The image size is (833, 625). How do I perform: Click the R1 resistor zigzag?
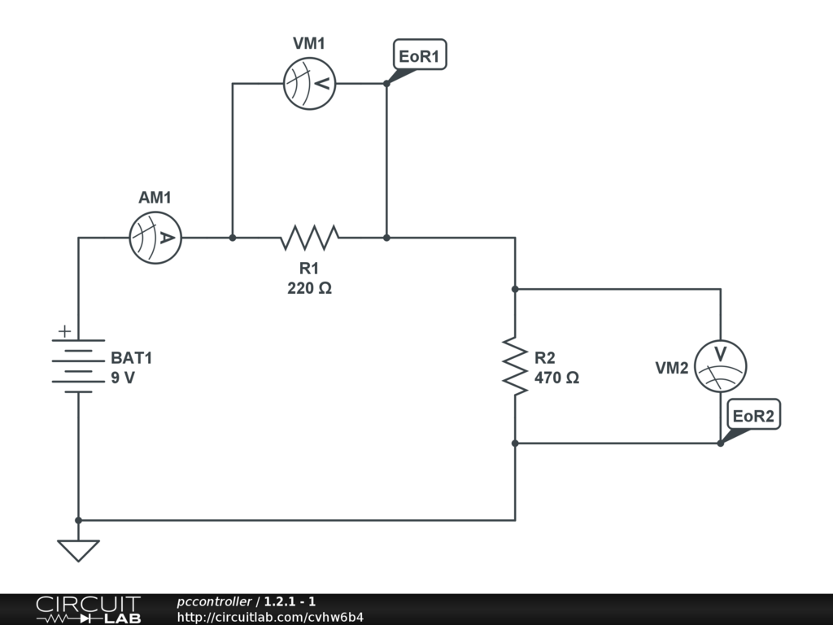point(309,238)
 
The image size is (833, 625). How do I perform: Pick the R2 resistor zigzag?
point(515,366)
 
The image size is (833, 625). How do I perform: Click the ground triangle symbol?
point(78,550)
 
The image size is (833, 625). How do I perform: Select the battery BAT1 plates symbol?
point(78,366)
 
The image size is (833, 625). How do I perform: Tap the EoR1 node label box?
point(420,55)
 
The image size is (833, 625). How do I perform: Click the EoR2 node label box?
point(753,414)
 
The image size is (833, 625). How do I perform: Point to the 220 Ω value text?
point(310,288)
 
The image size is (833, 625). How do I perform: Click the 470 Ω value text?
point(556,378)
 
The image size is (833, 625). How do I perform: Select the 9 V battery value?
point(123,378)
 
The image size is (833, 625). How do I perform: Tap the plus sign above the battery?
point(64,331)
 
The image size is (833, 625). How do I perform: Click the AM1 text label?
point(155,198)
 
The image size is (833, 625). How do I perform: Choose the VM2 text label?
point(671,368)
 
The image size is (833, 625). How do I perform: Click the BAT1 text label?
point(131,358)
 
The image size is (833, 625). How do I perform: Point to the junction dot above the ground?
point(78,520)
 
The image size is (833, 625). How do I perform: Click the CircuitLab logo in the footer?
point(88,610)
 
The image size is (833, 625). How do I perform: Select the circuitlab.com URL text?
point(270,617)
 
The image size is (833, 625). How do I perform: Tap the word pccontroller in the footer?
point(214,601)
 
